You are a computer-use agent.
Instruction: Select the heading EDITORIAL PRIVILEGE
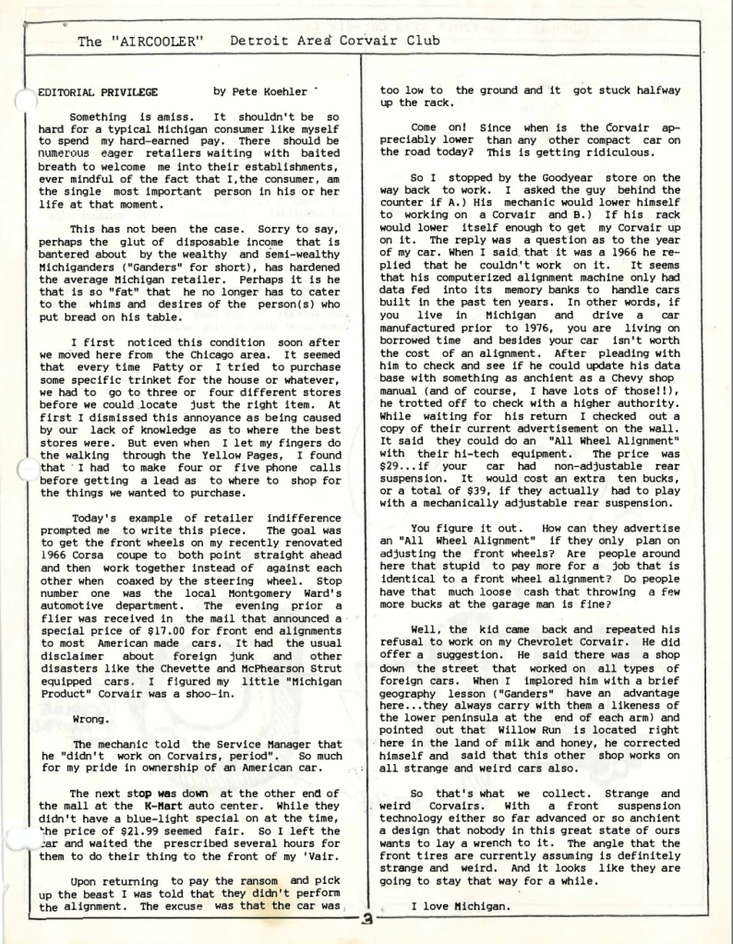click(x=98, y=92)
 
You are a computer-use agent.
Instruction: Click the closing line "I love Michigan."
click(x=460, y=907)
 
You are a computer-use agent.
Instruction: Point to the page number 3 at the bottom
click(x=367, y=919)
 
